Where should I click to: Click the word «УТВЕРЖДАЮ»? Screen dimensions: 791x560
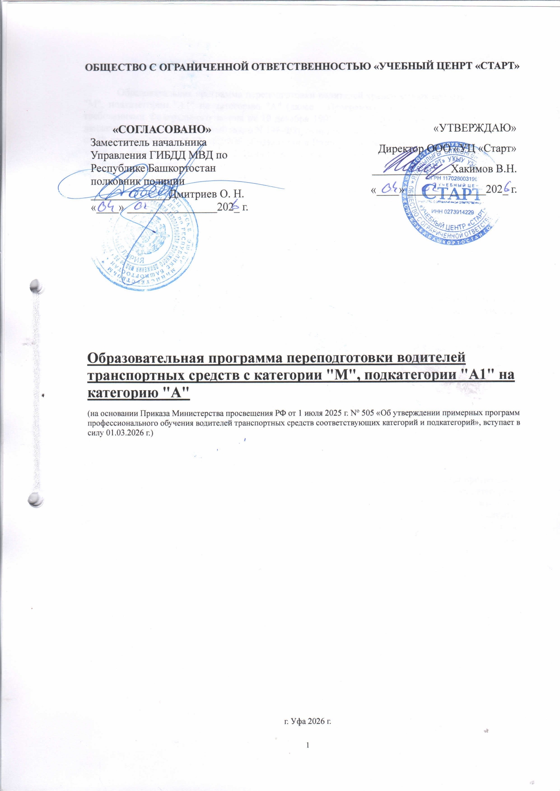[x=475, y=128]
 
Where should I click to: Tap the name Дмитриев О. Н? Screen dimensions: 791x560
[x=206, y=194]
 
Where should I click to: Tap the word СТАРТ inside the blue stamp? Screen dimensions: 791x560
[x=453, y=195]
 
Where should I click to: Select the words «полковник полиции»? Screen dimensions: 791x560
[x=137, y=181]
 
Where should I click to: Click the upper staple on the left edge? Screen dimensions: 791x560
[x=36, y=286]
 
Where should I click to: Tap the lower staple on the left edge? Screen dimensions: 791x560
[x=36, y=499]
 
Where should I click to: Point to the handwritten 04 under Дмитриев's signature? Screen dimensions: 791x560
[x=105, y=207]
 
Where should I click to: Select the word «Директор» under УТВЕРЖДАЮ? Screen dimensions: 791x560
[x=399, y=148]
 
